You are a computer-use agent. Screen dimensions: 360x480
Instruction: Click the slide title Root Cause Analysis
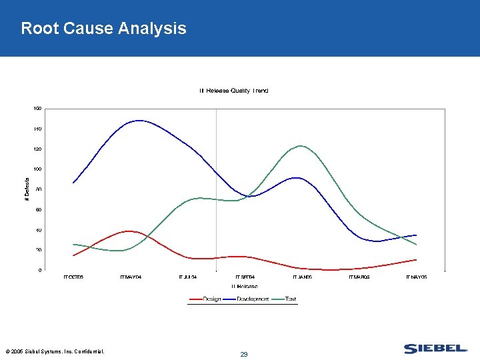point(103,29)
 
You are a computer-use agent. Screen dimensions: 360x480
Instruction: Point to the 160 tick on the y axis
point(37,108)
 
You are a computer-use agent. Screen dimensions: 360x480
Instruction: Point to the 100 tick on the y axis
point(37,169)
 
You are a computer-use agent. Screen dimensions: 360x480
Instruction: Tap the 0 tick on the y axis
point(39,271)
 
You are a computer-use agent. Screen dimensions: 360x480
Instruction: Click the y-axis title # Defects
point(27,189)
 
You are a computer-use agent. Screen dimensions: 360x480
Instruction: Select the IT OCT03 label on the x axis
point(73,277)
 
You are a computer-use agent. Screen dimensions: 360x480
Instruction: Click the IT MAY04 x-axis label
point(131,277)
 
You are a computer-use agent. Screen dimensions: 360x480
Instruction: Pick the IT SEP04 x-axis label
point(245,277)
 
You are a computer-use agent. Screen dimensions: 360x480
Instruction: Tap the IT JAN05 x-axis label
point(302,277)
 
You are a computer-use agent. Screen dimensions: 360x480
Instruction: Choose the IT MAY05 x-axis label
point(416,277)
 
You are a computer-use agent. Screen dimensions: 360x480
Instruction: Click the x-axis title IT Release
point(245,286)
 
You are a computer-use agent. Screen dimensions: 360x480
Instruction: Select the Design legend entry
point(212,299)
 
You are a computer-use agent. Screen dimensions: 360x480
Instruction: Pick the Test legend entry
point(291,299)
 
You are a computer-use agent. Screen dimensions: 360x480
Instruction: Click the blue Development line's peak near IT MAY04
point(139,121)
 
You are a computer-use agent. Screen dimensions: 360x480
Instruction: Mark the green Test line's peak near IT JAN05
point(301,145)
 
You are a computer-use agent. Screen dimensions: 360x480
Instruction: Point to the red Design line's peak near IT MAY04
point(131,231)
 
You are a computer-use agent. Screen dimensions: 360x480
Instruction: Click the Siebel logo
point(435,349)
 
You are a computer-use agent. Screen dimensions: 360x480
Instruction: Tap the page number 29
point(244,355)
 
